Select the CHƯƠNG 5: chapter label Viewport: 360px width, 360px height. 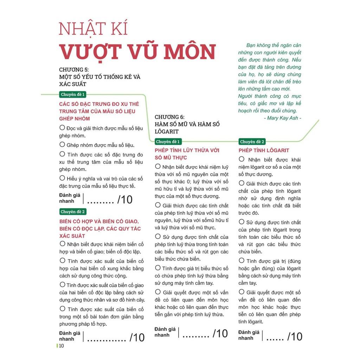74,70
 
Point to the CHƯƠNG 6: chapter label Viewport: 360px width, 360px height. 170,117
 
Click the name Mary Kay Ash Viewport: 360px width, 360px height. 282,118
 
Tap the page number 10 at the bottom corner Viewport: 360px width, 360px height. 61,346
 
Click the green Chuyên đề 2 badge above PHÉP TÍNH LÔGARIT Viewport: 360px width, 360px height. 252,142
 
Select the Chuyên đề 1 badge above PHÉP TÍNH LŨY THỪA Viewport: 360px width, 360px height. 168,142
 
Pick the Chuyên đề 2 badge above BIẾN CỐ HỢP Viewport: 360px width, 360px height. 73,212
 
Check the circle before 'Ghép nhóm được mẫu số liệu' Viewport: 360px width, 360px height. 62,144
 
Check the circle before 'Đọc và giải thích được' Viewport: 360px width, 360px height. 62,128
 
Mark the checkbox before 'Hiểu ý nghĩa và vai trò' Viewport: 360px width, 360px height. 62,178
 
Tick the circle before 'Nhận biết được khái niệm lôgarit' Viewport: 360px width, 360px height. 242,159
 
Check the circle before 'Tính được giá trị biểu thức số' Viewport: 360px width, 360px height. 158,268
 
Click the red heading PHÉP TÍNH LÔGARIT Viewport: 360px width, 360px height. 264,150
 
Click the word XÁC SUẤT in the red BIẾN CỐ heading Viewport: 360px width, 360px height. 72,236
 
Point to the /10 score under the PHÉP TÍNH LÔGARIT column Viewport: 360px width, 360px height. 294,336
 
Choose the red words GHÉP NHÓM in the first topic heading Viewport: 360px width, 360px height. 75,118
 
